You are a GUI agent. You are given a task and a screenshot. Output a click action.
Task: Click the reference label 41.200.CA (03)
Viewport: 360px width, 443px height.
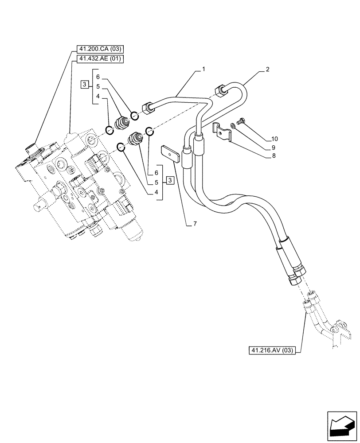97,49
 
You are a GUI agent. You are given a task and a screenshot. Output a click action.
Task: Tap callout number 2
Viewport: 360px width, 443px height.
268,69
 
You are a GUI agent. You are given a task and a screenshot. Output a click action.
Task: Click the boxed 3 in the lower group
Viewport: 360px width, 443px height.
170,180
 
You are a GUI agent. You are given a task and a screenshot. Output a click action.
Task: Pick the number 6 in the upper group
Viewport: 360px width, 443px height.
98,77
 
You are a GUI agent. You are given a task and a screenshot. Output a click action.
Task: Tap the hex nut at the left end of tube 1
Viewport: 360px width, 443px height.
147,108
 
